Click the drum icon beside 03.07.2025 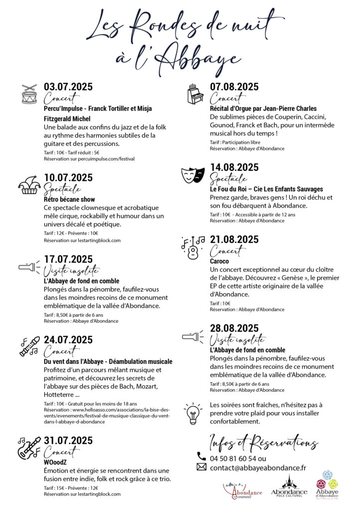click(x=29, y=94)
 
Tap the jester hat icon click(x=29, y=185)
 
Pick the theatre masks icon click(x=193, y=174)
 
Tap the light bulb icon click(x=192, y=413)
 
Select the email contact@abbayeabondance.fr click(x=258, y=468)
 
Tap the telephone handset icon click(x=201, y=457)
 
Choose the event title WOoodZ click(x=56, y=462)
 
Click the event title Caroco click(x=219, y=260)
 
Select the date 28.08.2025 click(x=234, y=328)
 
